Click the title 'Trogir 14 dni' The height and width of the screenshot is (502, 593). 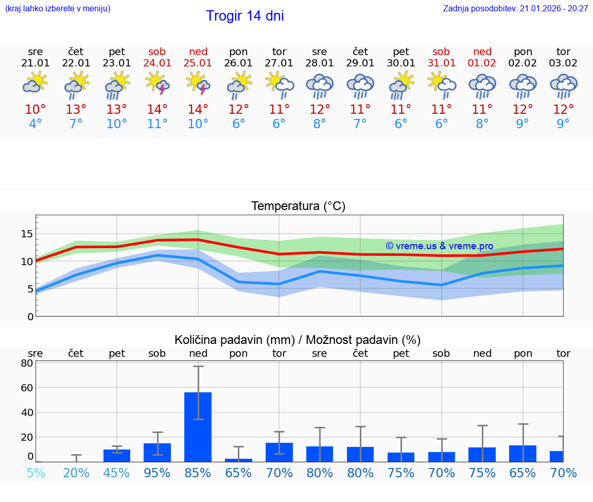click(245, 16)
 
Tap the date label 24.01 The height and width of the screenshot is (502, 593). click(157, 63)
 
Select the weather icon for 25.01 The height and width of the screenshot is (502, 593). click(198, 84)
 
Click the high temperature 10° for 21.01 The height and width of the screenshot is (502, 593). click(36, 109)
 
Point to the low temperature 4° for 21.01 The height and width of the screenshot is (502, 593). click(36, 124)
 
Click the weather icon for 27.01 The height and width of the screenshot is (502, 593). click(280, 84)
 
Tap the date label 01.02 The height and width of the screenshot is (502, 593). click(482, 63)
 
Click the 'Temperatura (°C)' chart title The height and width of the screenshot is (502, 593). click(298, 206)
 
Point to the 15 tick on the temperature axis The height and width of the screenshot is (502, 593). click(27, 234)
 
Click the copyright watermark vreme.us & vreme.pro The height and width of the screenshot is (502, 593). click(439, 246)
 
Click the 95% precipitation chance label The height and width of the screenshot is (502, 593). click(157, 473)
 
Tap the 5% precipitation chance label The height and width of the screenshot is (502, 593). click(36, 473)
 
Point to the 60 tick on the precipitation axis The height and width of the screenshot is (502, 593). click(27, 387)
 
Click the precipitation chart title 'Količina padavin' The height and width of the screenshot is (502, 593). click(298, 340)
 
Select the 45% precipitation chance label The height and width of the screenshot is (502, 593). click(117, 473)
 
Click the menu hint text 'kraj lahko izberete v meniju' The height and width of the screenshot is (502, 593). click(58, 8)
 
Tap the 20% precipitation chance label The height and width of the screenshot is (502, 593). click(76, 473)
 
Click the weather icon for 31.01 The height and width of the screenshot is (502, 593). click(442, 84)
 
